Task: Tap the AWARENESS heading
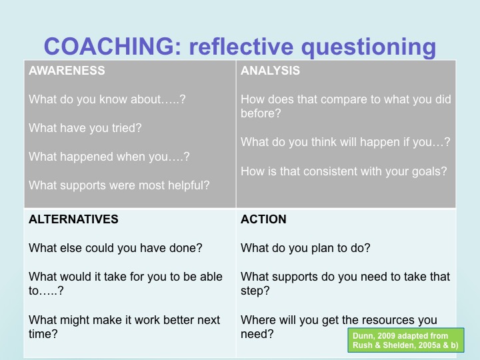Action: pyautogui.click(x=67, y=71)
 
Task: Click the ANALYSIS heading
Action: pyautogui.click(x=270, y=71)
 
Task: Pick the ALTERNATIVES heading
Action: pyautogui.click(x=73, y=219)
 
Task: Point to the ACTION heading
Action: pyautogui.click(x=263, y=219)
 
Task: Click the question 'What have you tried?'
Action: pyautogui.click(x=85, y=128)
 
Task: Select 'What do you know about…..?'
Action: pyautogui.click(x=107, y=99)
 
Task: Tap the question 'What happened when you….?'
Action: pyautogui.click(x=109, y=157)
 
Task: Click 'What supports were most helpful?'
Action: pyautogui.click(x=119, y=185)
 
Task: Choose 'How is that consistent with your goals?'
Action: pyautogui.click(x=343, y=171)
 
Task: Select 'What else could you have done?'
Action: pyautogui.click(x=115, y=248)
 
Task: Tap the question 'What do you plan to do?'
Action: pyautogui.click(x=305, y=248)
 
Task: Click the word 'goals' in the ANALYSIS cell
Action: pyautogui.click(x=431, y=171)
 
